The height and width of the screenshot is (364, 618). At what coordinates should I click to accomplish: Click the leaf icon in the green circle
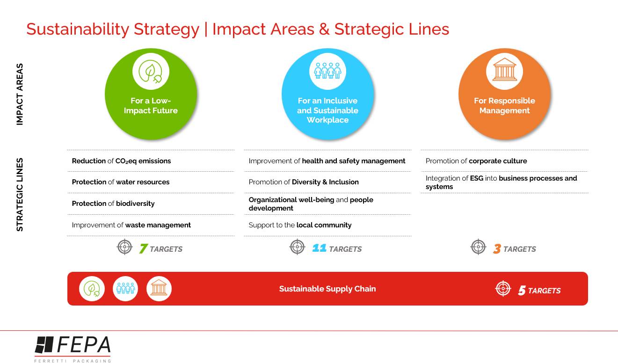point(150,72)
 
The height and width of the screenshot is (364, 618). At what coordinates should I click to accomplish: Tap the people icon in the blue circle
point(327,70)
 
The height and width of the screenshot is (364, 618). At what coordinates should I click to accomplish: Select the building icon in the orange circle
point(504,69)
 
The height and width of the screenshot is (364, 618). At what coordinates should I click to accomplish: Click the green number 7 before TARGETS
point(144,248)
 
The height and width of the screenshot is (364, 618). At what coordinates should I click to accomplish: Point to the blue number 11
point(319,248)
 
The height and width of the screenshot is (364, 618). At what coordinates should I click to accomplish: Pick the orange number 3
point(497,248)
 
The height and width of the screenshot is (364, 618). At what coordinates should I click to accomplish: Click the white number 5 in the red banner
point(522,291)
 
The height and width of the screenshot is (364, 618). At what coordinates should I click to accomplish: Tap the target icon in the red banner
point(503,288)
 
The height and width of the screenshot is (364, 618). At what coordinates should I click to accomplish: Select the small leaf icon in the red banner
point(92,289)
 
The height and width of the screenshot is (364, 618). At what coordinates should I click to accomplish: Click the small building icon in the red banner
point(159,288)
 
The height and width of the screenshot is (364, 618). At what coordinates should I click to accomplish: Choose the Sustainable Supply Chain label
point(327,289)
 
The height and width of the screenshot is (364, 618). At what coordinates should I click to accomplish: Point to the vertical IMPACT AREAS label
point(20,94)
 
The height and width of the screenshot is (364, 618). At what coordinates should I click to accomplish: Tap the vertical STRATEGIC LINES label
point(20,195)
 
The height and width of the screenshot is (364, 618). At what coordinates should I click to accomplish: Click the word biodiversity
point(135,204)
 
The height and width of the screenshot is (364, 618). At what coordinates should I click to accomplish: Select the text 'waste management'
point(158,225)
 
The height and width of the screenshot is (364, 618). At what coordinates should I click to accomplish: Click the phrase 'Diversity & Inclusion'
point(325,182)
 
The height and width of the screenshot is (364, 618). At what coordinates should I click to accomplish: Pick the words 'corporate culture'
point(498,161)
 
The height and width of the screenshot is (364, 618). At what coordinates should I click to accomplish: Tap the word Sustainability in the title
point(78,29)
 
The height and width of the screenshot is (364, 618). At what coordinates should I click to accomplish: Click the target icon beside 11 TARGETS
point(297,247)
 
